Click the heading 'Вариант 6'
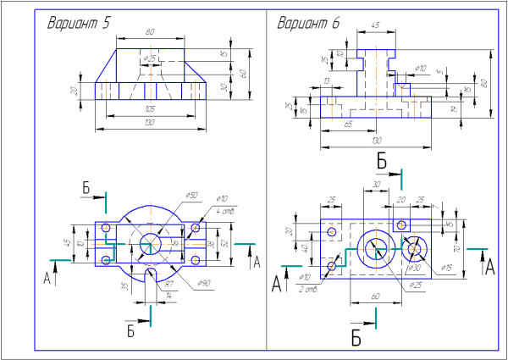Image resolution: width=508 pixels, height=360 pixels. click(x=309, y=23)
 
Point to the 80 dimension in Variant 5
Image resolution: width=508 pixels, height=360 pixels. click(x=150, y=32)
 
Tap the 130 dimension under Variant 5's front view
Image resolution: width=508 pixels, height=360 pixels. click(x=149, y=125)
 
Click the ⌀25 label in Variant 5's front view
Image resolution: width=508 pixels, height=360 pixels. click(x=152, y=58)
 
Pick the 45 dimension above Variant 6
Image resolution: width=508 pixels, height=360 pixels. click(x=375, y=26)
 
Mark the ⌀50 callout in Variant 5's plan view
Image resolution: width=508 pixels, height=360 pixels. click(x=192, y=197)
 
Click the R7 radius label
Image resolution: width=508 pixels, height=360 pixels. click(x=169, y=283)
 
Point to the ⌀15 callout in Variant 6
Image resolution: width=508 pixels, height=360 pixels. click(x=447, y=269)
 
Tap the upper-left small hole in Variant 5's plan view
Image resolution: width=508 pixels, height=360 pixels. click(x=106, y=228)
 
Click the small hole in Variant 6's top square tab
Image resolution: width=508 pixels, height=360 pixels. click(x=401, y=224)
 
